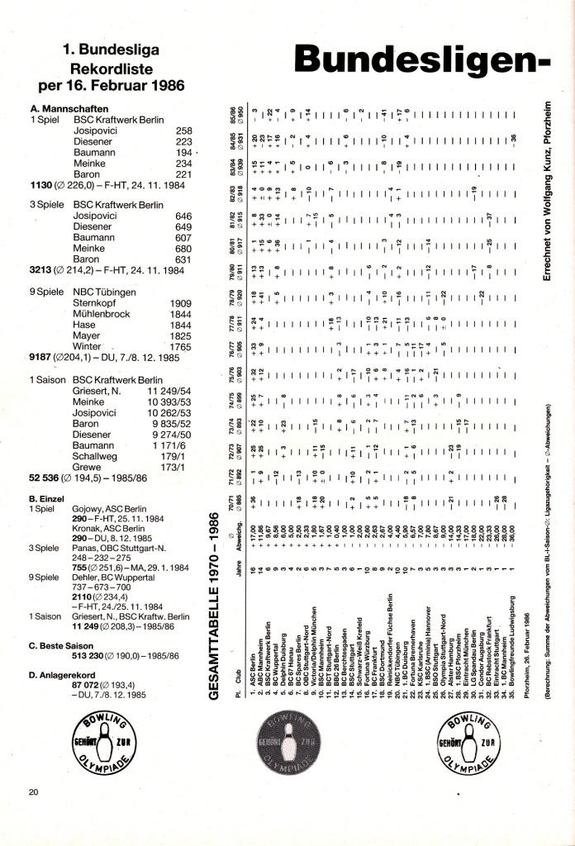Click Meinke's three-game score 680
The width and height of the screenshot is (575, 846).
pos(183,247)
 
